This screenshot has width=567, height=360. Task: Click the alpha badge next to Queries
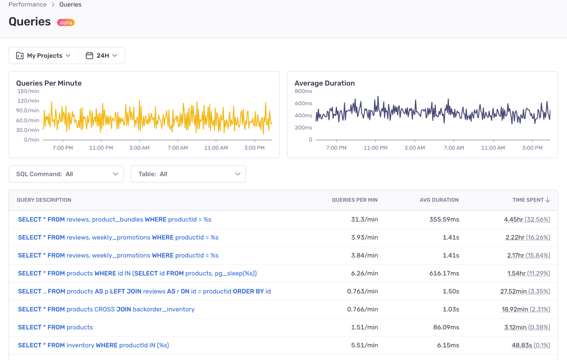[x=66, y=22]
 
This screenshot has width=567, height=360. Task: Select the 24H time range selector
[x=102, y=56]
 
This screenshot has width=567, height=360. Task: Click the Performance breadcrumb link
[x=28, y=5]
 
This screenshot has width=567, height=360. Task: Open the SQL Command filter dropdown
[x=66, y=174]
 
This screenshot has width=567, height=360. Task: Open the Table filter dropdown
[x=188, y=174]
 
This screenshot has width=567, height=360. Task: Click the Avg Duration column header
[x=439, y=200]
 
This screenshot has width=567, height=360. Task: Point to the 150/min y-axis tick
[x=28, y=91]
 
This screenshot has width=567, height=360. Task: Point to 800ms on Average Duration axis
[x=303, y=91]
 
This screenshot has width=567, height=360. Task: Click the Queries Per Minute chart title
[x=49, y=83]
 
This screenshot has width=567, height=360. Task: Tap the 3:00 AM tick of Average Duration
[x=414, y=148]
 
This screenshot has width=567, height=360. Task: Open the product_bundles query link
[x=115, y=219]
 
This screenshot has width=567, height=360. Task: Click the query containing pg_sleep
[x=137, y=273]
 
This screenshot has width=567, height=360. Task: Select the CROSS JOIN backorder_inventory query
[x=106, y=309]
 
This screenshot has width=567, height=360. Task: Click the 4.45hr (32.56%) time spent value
[x=527, y=219]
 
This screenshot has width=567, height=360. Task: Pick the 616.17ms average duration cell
[x=444, y=273]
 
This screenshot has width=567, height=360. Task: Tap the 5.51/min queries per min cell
[x=364, y=345]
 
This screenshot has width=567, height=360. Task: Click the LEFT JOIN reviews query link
[x=144, y=291]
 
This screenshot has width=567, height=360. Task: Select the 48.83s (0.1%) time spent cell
[x=530, y=345]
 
